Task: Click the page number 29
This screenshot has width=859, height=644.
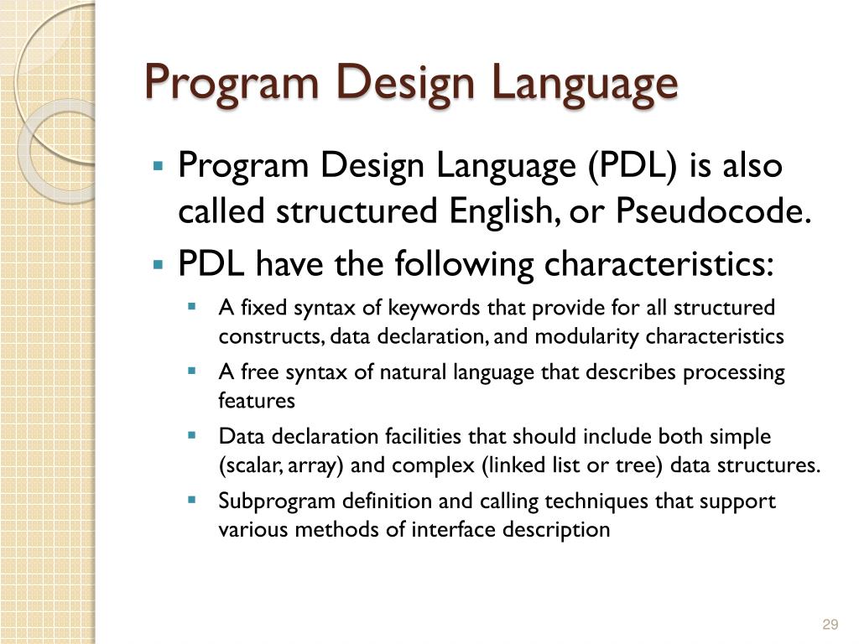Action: click(x=830, y=624)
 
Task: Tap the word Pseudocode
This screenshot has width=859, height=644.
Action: click(x=714, y=212)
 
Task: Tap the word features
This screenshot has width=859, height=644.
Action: click(x=257, y=401)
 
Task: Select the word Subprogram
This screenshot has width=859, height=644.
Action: click(x=269, y=501)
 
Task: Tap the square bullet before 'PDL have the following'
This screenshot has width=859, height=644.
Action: click(x=157, y=264)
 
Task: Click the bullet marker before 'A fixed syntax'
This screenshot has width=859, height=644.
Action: click(x=192, y=306)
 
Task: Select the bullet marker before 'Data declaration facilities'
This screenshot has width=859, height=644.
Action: click(x=192, y=435)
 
